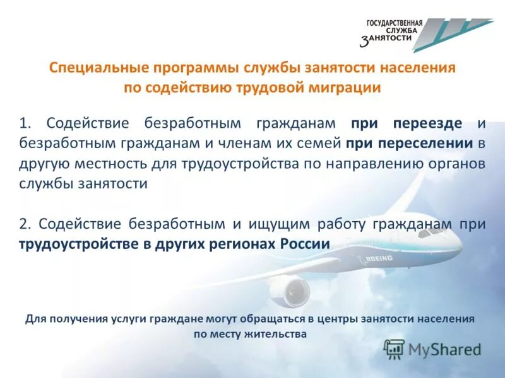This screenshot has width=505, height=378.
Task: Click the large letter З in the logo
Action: pyautogui.click(x=365, y=42)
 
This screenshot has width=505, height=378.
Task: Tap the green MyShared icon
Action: pyautogui.click(x=394, y=348)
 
